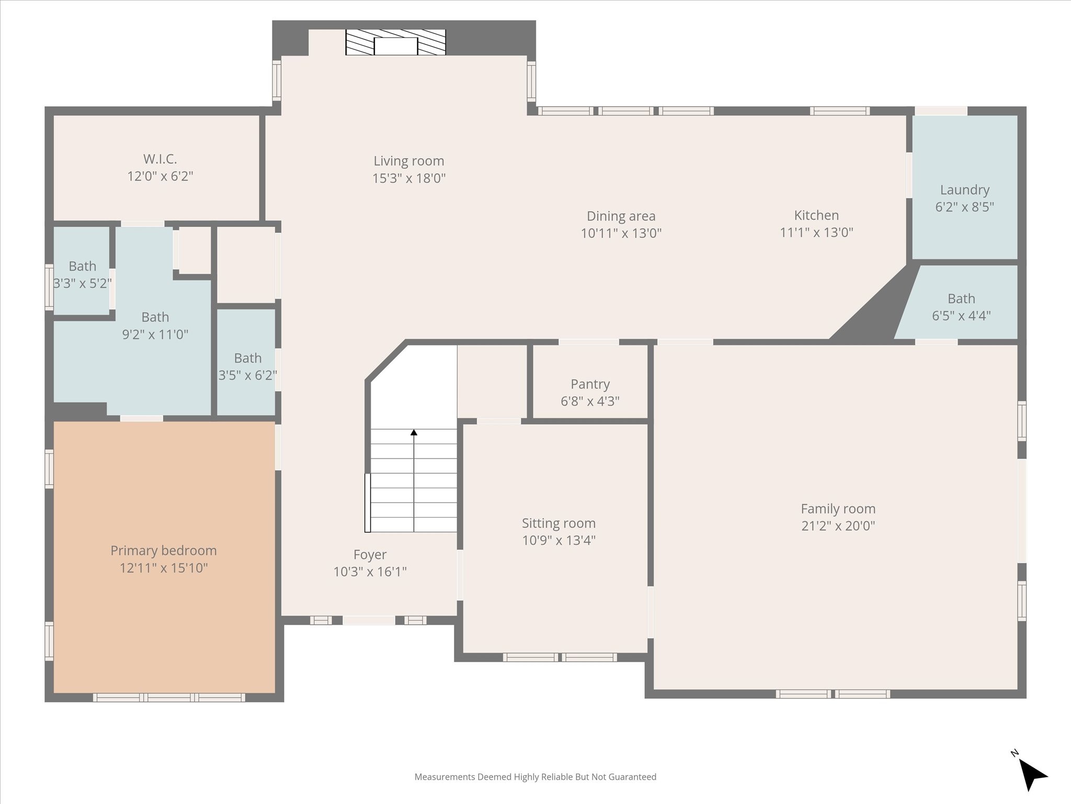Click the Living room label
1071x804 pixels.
click(408, 161)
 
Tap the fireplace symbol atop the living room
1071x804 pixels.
click(395, 42)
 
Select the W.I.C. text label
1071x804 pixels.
click(160, 159)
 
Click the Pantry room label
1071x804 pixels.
click(590, 384)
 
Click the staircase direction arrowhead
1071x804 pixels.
click(414, 432)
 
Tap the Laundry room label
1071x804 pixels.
click(964, 190)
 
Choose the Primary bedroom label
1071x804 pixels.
click(164, 551)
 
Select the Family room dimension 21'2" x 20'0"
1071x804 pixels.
click(838, 526)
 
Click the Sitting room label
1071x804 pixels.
click(559, 523)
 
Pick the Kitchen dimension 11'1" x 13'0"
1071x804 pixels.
click(816, 232)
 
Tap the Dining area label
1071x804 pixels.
click(621, 216)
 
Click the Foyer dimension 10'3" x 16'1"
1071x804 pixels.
click(370, 572)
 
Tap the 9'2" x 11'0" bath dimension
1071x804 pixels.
click(155, 334)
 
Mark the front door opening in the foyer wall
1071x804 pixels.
click(369, 620)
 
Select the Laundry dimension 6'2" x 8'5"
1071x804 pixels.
click(964, 207)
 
